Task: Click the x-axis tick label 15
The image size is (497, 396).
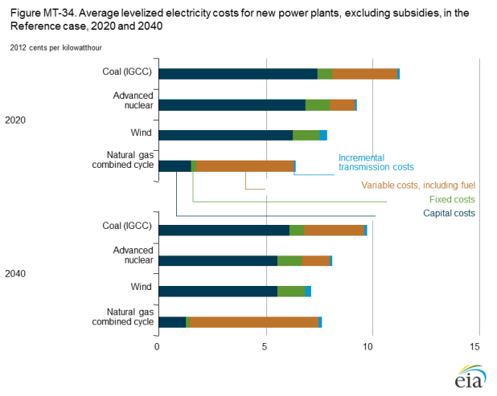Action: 474,346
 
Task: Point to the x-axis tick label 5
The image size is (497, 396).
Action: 265,346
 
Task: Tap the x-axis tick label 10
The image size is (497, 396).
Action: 368,346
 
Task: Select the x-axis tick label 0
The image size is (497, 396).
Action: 158,346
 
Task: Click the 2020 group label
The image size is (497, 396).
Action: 17,120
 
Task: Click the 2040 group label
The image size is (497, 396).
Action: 17,273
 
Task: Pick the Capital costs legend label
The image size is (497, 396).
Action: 449,213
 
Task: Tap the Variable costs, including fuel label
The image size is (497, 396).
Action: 418,186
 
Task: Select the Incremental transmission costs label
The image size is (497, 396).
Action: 376,162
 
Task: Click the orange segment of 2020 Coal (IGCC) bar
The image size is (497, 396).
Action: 364,74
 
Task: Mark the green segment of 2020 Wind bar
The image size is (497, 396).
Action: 306,135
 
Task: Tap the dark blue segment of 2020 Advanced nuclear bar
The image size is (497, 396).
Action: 232,104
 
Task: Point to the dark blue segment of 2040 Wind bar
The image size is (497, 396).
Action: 218,291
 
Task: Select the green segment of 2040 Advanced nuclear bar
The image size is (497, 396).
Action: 290,260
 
